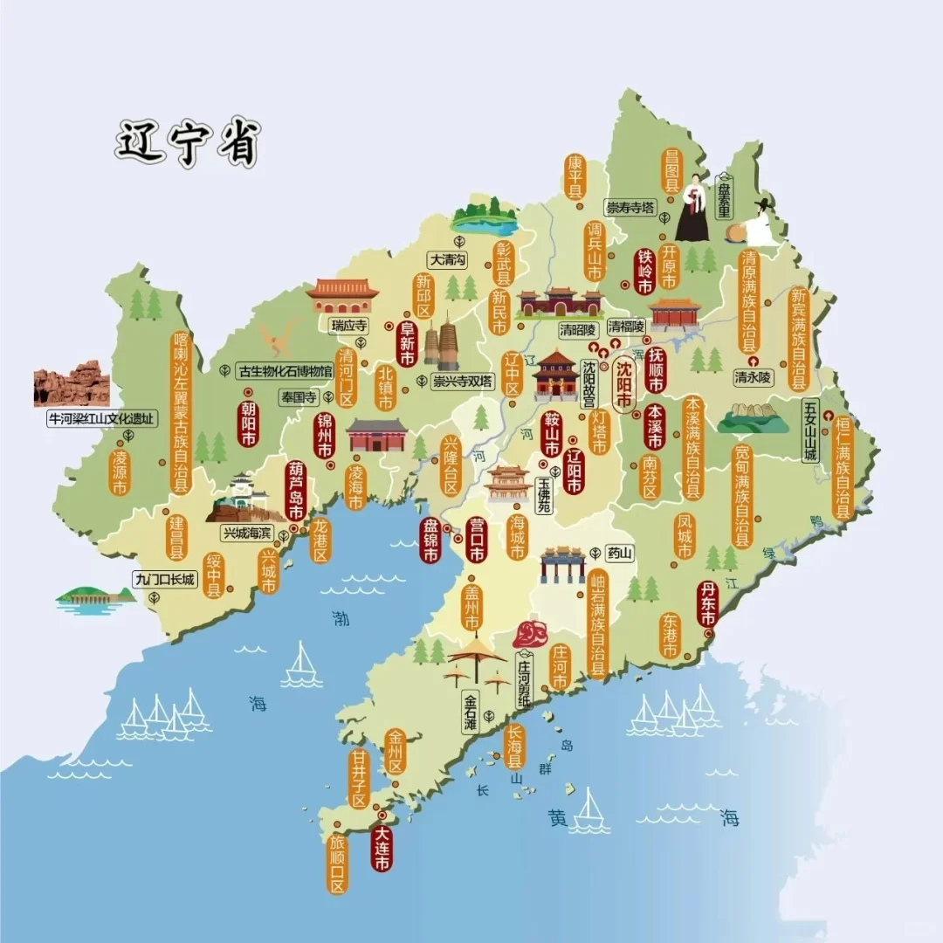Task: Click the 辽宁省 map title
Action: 188,143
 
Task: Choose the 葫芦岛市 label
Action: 295,490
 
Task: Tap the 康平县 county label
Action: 575,177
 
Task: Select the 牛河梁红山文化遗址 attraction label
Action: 102,419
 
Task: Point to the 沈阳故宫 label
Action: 589,384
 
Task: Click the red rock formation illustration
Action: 72,383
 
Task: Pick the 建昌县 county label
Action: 177,537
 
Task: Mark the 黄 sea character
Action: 558,818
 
